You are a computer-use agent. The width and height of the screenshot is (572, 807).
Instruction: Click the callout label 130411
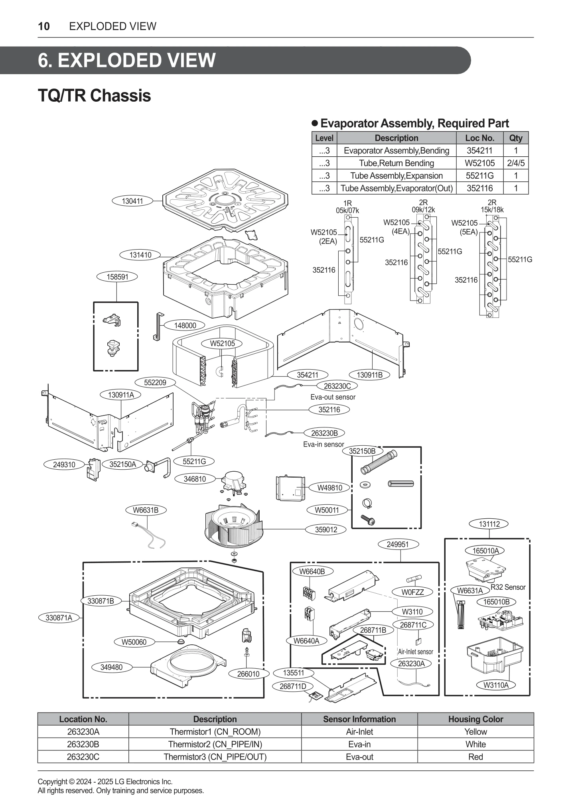pos(132,201)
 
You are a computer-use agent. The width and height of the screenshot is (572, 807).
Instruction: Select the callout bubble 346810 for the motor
pos(195,479)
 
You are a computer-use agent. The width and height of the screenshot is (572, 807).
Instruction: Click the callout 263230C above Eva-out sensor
pos(337,386)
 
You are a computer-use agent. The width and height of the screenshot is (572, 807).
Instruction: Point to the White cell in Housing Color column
pos(475,744)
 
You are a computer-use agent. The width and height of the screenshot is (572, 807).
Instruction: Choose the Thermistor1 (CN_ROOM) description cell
pos(215,732)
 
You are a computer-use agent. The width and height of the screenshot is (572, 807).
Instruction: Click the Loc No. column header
pos(479,138)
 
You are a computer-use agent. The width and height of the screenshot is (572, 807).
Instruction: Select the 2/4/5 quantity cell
pos(515,163)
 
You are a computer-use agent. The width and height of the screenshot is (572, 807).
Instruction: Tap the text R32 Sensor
pos(508,587)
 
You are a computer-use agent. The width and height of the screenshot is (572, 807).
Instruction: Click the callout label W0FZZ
pos(412,592)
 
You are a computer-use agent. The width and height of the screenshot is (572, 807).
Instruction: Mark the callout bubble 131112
pos(489,524)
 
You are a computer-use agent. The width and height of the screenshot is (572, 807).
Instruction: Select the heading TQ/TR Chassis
pos(94,96)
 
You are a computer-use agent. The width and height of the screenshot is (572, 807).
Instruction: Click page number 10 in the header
pos(44,26)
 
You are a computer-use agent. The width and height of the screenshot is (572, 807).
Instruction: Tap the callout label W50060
pos(134,642)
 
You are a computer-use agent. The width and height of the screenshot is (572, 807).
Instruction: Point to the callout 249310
pos(64,465)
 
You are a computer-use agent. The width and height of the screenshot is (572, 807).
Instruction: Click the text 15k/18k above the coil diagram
pos(492,210)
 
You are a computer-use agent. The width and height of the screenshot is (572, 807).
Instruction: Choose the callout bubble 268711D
pos(293,686)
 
